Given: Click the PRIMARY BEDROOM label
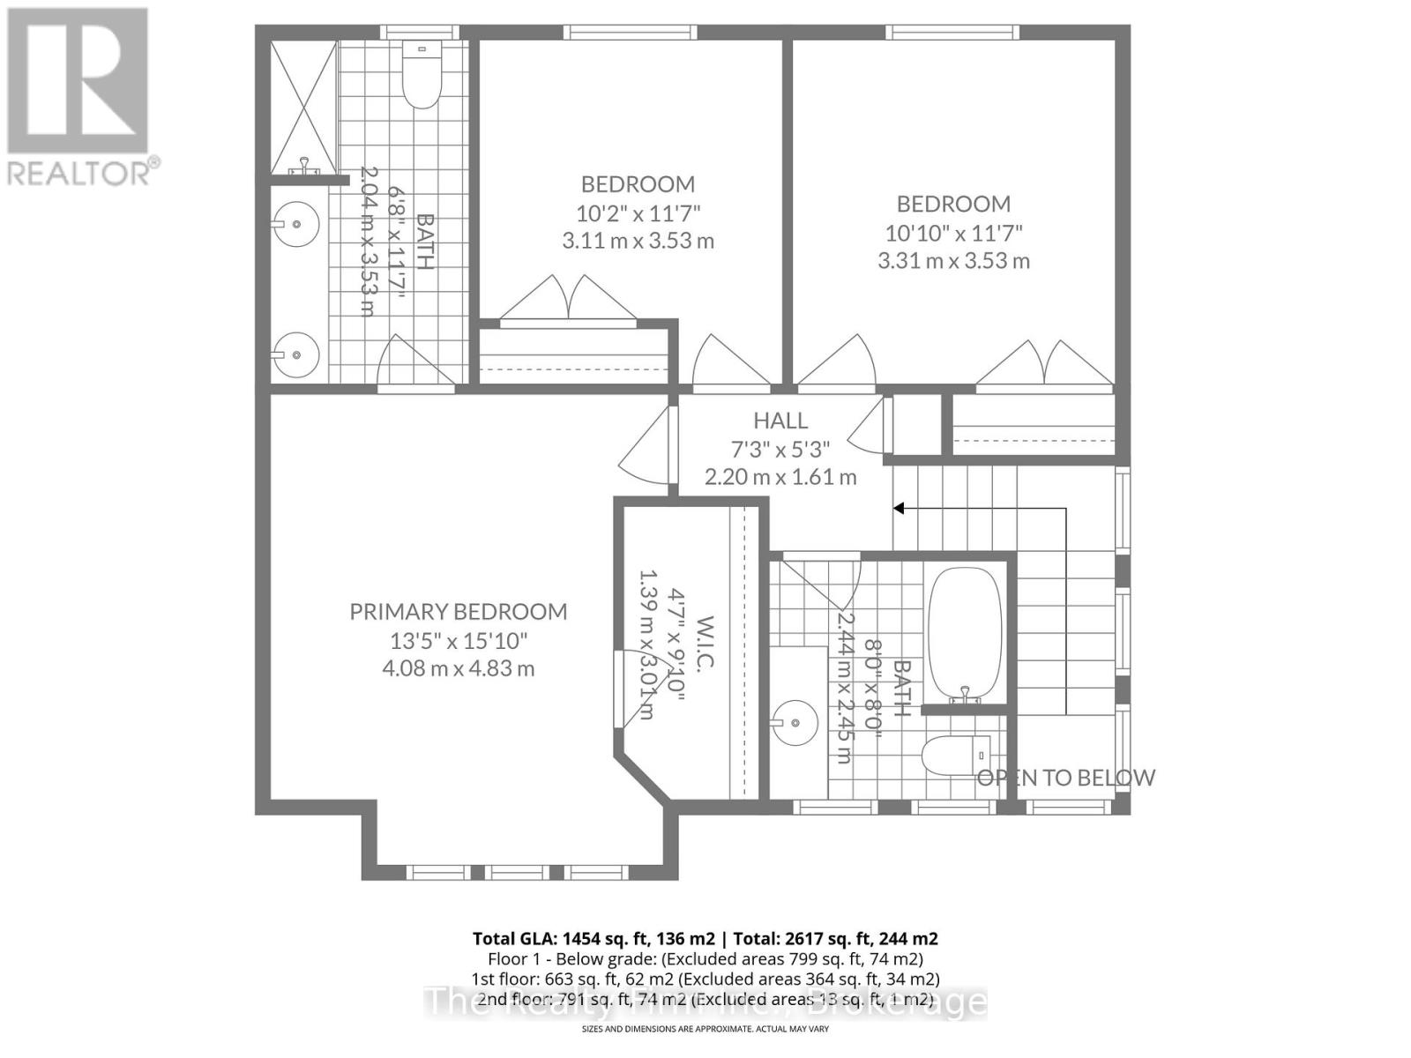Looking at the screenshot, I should click(458, 612).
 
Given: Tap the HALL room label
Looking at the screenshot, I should click(780, 421).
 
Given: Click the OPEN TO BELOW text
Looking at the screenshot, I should click(1065, 778).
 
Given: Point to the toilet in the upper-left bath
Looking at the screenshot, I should click(422, 79).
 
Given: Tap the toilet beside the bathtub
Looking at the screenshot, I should click(957, 755).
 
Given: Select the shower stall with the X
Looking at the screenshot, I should click(303, 106).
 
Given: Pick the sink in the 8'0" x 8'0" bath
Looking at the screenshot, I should click(795, 723).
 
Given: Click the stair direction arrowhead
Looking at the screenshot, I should click(899, 509).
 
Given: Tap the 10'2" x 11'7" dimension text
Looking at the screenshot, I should click(638, 213).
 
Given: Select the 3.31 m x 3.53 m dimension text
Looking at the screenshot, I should click(953, 261).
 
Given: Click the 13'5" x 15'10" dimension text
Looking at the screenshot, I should click(458, 640).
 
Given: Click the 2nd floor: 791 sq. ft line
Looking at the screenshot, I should click(582, 1000).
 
